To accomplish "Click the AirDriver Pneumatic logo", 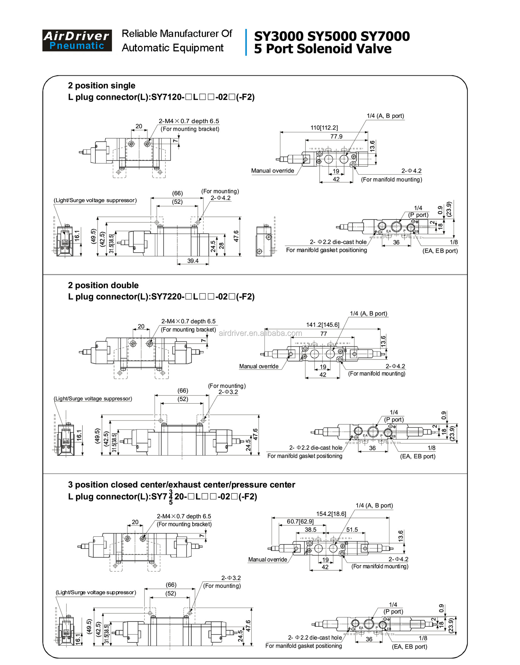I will (77, 41).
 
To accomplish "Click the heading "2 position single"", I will (101, 86).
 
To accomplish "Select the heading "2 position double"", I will (103, 285).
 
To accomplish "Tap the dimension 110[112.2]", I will (324, 128).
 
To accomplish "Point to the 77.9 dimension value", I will (336, 137).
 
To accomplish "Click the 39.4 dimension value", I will (193, 261).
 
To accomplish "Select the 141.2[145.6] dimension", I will (323, 325).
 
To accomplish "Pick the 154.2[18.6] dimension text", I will (331, 514).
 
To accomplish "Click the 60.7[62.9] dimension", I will (300, 522).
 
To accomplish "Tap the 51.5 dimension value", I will (352, 530).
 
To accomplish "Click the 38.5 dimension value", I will (310, 530).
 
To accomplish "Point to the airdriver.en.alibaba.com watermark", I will (260, 333).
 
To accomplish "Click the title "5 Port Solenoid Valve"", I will (322, 49).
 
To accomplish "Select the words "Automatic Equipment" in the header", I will (172, 48).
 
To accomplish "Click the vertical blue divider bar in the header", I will (246, 42).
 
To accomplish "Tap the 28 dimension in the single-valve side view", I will (222, 246).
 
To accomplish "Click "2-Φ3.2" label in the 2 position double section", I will (228, 392).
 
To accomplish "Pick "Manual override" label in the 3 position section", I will (267, 560).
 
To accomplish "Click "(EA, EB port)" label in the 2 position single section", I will (440, 251).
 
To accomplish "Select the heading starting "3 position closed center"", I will (181, 485).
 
